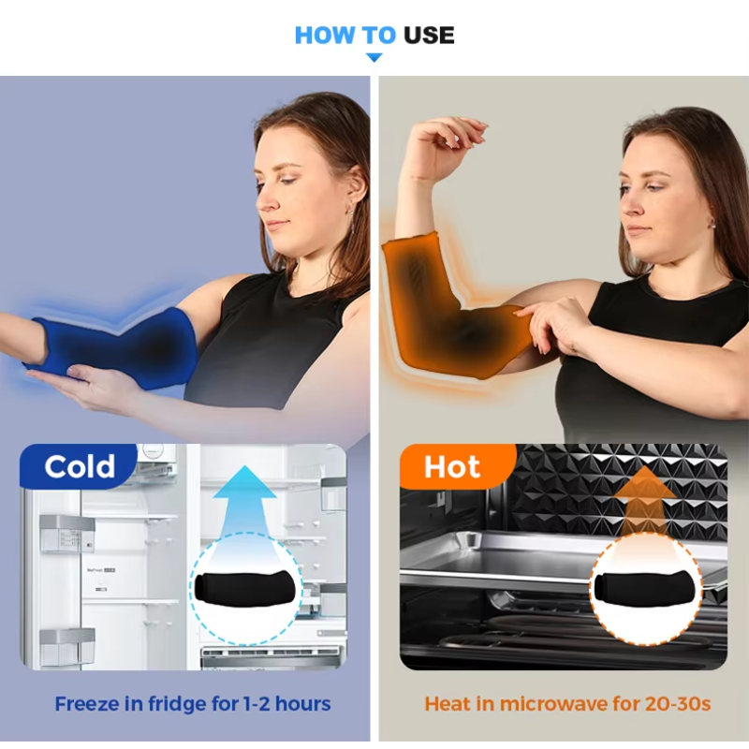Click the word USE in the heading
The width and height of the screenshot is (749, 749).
pos(429,36)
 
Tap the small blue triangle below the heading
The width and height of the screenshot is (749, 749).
pos(374,57)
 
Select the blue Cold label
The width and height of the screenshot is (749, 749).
pos(79,465)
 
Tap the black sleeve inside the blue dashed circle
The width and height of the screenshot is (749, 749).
pos(245,589)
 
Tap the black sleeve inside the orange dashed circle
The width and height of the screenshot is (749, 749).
pos(645,589)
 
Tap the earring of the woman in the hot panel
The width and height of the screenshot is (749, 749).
pos(712,224)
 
